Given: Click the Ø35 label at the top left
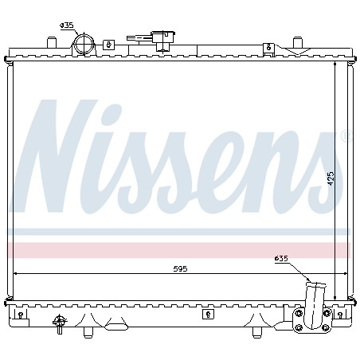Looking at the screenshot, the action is pos(67,25).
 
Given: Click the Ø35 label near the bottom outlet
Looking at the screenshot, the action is pos(281,259).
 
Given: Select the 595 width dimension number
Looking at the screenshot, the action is pos(180,269).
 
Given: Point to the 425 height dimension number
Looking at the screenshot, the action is pos(331,178).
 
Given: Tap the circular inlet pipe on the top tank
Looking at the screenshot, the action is pos(84,45).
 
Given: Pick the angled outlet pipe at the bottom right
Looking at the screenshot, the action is pos(315,305).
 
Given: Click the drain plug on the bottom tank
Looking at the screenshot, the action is pos(60,324).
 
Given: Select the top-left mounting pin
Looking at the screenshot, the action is pos(52,42).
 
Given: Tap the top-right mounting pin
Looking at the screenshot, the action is pos(298,42).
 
